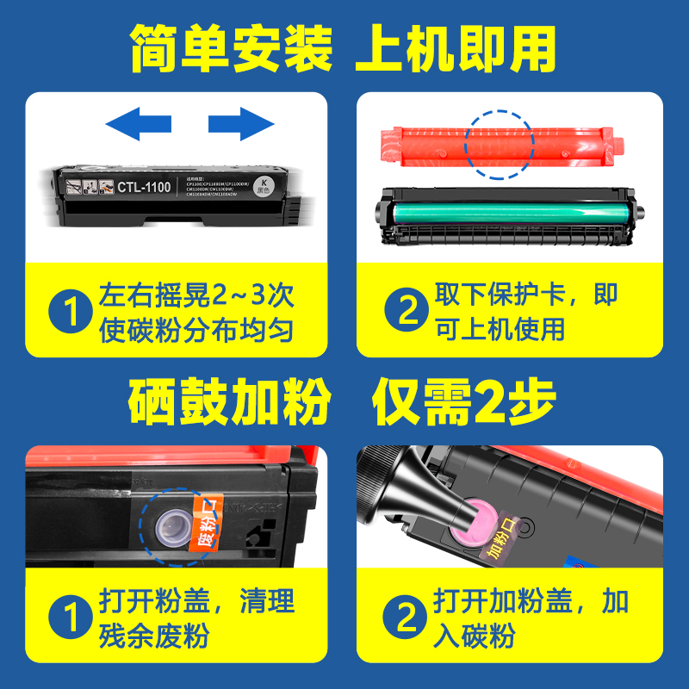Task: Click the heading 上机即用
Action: click(x=456, y=49)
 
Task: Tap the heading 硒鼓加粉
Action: click(x=231, y=401)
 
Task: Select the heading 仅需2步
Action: click(x=465, y=401)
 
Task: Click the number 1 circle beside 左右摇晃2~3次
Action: click(x=69, y=313)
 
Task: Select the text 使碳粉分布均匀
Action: click(x=196, y=330)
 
